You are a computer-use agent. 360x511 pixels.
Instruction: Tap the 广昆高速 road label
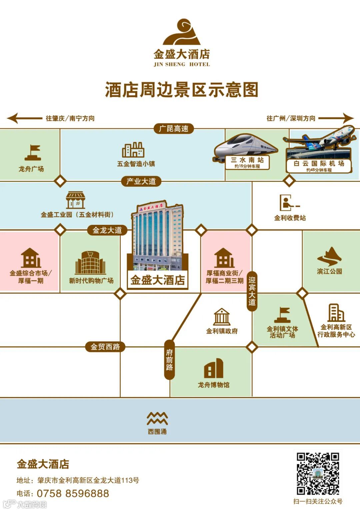174,128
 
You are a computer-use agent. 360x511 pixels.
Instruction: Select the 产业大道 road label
141,181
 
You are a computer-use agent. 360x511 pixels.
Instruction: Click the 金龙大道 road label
107,230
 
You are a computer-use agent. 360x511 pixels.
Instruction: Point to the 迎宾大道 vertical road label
252,291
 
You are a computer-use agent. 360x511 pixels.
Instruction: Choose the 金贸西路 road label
105,347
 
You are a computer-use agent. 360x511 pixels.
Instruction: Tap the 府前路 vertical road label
169,360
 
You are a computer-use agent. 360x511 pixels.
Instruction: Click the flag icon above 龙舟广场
33,153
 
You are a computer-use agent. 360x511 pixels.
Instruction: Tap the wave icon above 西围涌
157,418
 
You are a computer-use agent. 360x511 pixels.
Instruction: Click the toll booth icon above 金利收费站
288,203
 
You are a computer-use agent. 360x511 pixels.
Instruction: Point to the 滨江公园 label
329,272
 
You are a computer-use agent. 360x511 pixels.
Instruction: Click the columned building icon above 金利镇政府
222,317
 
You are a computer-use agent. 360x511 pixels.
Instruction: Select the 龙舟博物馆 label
214,385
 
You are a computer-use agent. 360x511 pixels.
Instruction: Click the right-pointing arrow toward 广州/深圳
336,118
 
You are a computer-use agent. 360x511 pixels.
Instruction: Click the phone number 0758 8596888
73,493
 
